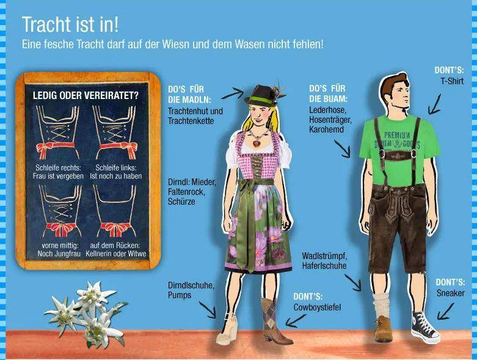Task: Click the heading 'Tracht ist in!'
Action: [x=70, y=24]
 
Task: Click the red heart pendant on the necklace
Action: [x=257, y=142]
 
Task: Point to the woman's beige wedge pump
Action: [x=227, y=330]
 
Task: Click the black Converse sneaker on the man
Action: [x=425, y=328]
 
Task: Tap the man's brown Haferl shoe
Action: [x=383, y=329]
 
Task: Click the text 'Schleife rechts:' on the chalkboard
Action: [x=58, y=167]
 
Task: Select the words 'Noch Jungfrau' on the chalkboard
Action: [x=59, y=254]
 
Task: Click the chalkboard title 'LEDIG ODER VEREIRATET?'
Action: [x=86, y=95]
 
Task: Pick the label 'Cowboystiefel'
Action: [x=317, y=307]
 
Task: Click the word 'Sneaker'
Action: [x=451, y=293]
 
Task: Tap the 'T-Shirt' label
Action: [x=452, y=81]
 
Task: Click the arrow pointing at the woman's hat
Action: [x=233, y=93]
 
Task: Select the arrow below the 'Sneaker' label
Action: [x=445, y=312]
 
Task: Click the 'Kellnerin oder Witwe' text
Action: [x=116, y=254]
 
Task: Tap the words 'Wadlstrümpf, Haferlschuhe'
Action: [x=324, y=261]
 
